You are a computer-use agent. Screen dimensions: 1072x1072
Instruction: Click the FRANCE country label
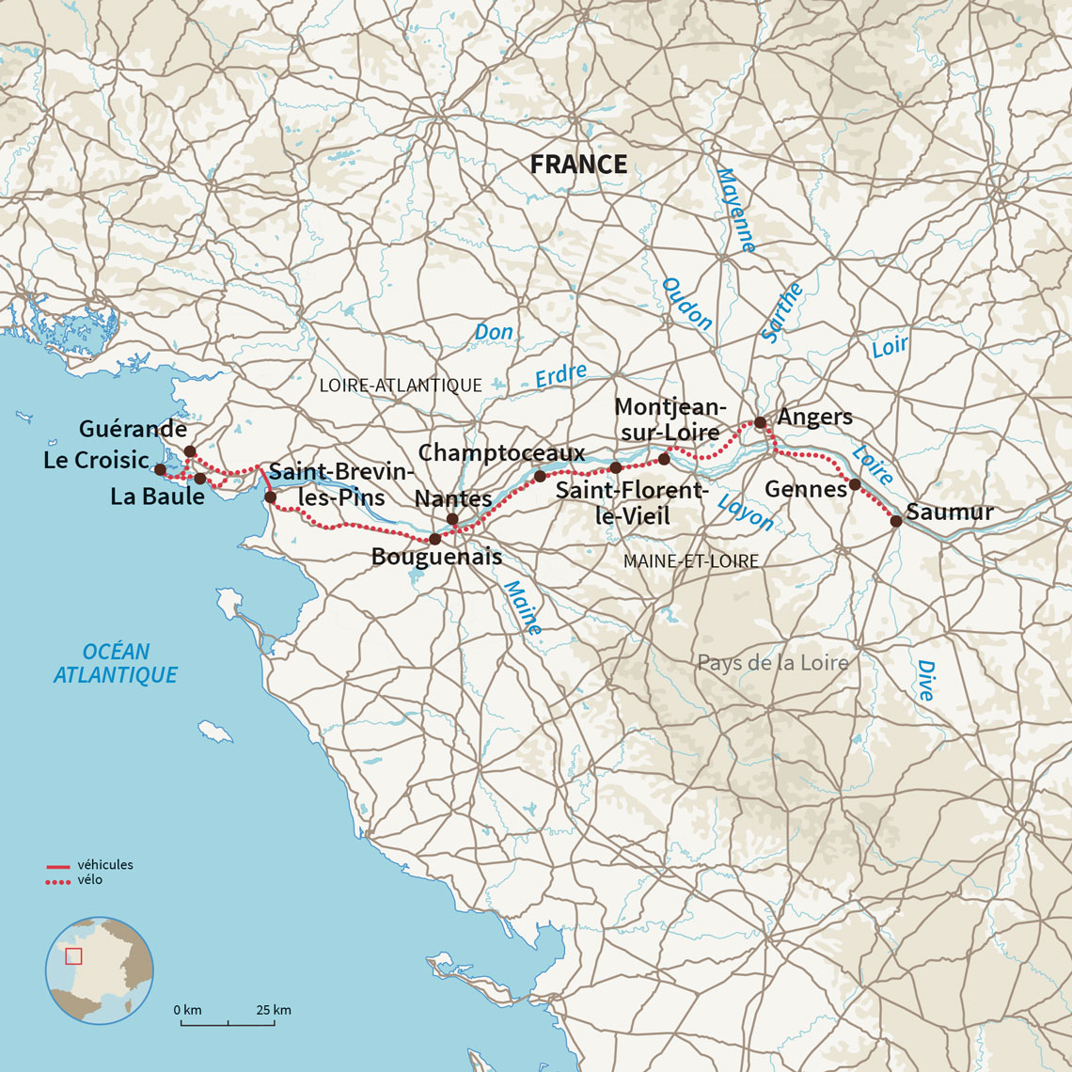577,165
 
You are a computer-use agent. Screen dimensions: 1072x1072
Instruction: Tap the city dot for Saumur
896,520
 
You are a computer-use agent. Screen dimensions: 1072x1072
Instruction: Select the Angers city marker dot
760,423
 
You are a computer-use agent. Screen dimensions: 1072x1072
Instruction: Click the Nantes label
453,497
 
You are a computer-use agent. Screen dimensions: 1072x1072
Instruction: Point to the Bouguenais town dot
434,539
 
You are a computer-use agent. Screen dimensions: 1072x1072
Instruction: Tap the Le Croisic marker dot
160,469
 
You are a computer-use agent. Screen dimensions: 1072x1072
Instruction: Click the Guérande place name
133,429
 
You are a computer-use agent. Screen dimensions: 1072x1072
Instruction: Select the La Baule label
157,497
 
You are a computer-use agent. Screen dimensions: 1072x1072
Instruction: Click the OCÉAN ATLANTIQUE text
116,663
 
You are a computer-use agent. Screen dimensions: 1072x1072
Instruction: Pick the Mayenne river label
735,210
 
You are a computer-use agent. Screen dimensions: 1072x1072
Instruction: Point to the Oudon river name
687,303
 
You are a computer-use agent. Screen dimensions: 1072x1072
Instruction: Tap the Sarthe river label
782,313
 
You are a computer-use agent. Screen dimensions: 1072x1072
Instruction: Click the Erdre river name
560,376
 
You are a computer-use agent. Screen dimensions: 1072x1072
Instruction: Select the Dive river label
925,680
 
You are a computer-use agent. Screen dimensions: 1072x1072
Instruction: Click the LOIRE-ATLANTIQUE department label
401,386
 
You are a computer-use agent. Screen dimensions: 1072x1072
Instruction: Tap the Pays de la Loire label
772,663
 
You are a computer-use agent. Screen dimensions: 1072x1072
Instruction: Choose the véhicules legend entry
104,865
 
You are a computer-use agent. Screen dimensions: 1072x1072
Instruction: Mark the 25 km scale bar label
273,1010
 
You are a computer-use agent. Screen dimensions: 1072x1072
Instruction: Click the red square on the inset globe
74,956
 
